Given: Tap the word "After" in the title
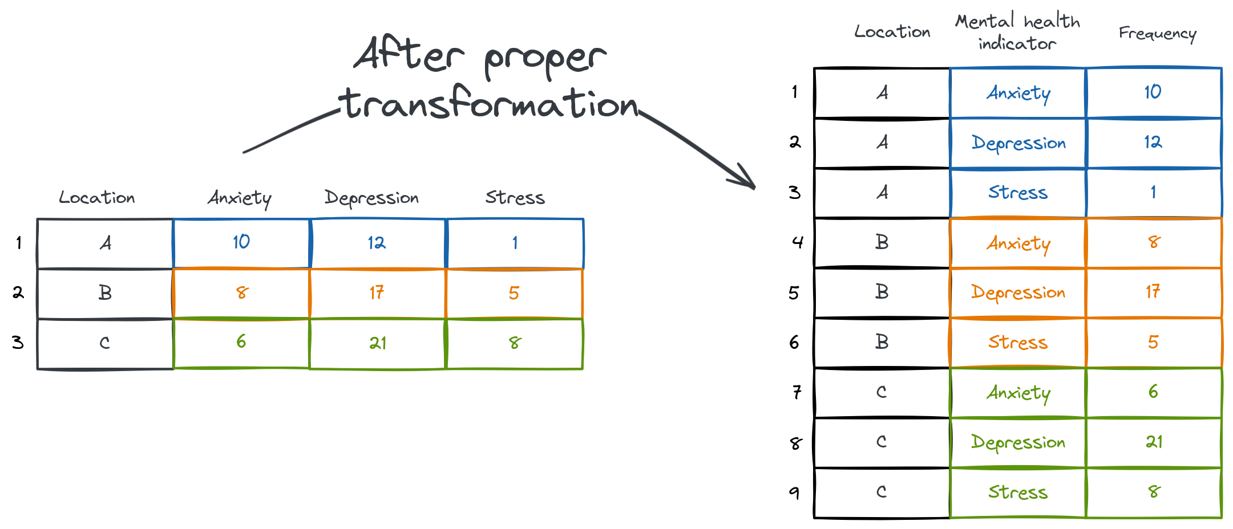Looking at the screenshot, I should click(x=409, y=55).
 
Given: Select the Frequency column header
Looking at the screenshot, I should click(x=1157, y=34).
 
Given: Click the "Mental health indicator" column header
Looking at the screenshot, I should click(x=1017, y=32).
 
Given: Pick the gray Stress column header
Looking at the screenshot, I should click(x=515, y=197).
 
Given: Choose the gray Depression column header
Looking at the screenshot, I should click(x=371, y=198).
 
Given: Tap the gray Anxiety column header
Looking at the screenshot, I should click(x=239, y=198).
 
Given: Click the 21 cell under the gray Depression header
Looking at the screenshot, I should click(x=378, y=343).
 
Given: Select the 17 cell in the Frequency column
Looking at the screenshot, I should click(x=1153, y=292).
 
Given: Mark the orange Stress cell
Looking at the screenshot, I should click(x=1017, y=342).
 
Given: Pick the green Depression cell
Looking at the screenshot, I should click(x=1018, y=442).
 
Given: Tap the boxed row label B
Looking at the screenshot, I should click(x=105, y=292).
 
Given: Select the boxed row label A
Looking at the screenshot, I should click(x=105, y=243).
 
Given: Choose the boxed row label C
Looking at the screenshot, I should click(x=105, y=343).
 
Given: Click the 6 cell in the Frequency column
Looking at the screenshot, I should click(x=1153, y=392).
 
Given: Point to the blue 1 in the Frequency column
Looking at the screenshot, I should click(x=1153, y=192).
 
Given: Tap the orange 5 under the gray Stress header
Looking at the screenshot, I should click(x=514, y=293).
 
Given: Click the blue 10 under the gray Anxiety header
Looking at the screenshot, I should click(x=241, y=242).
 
